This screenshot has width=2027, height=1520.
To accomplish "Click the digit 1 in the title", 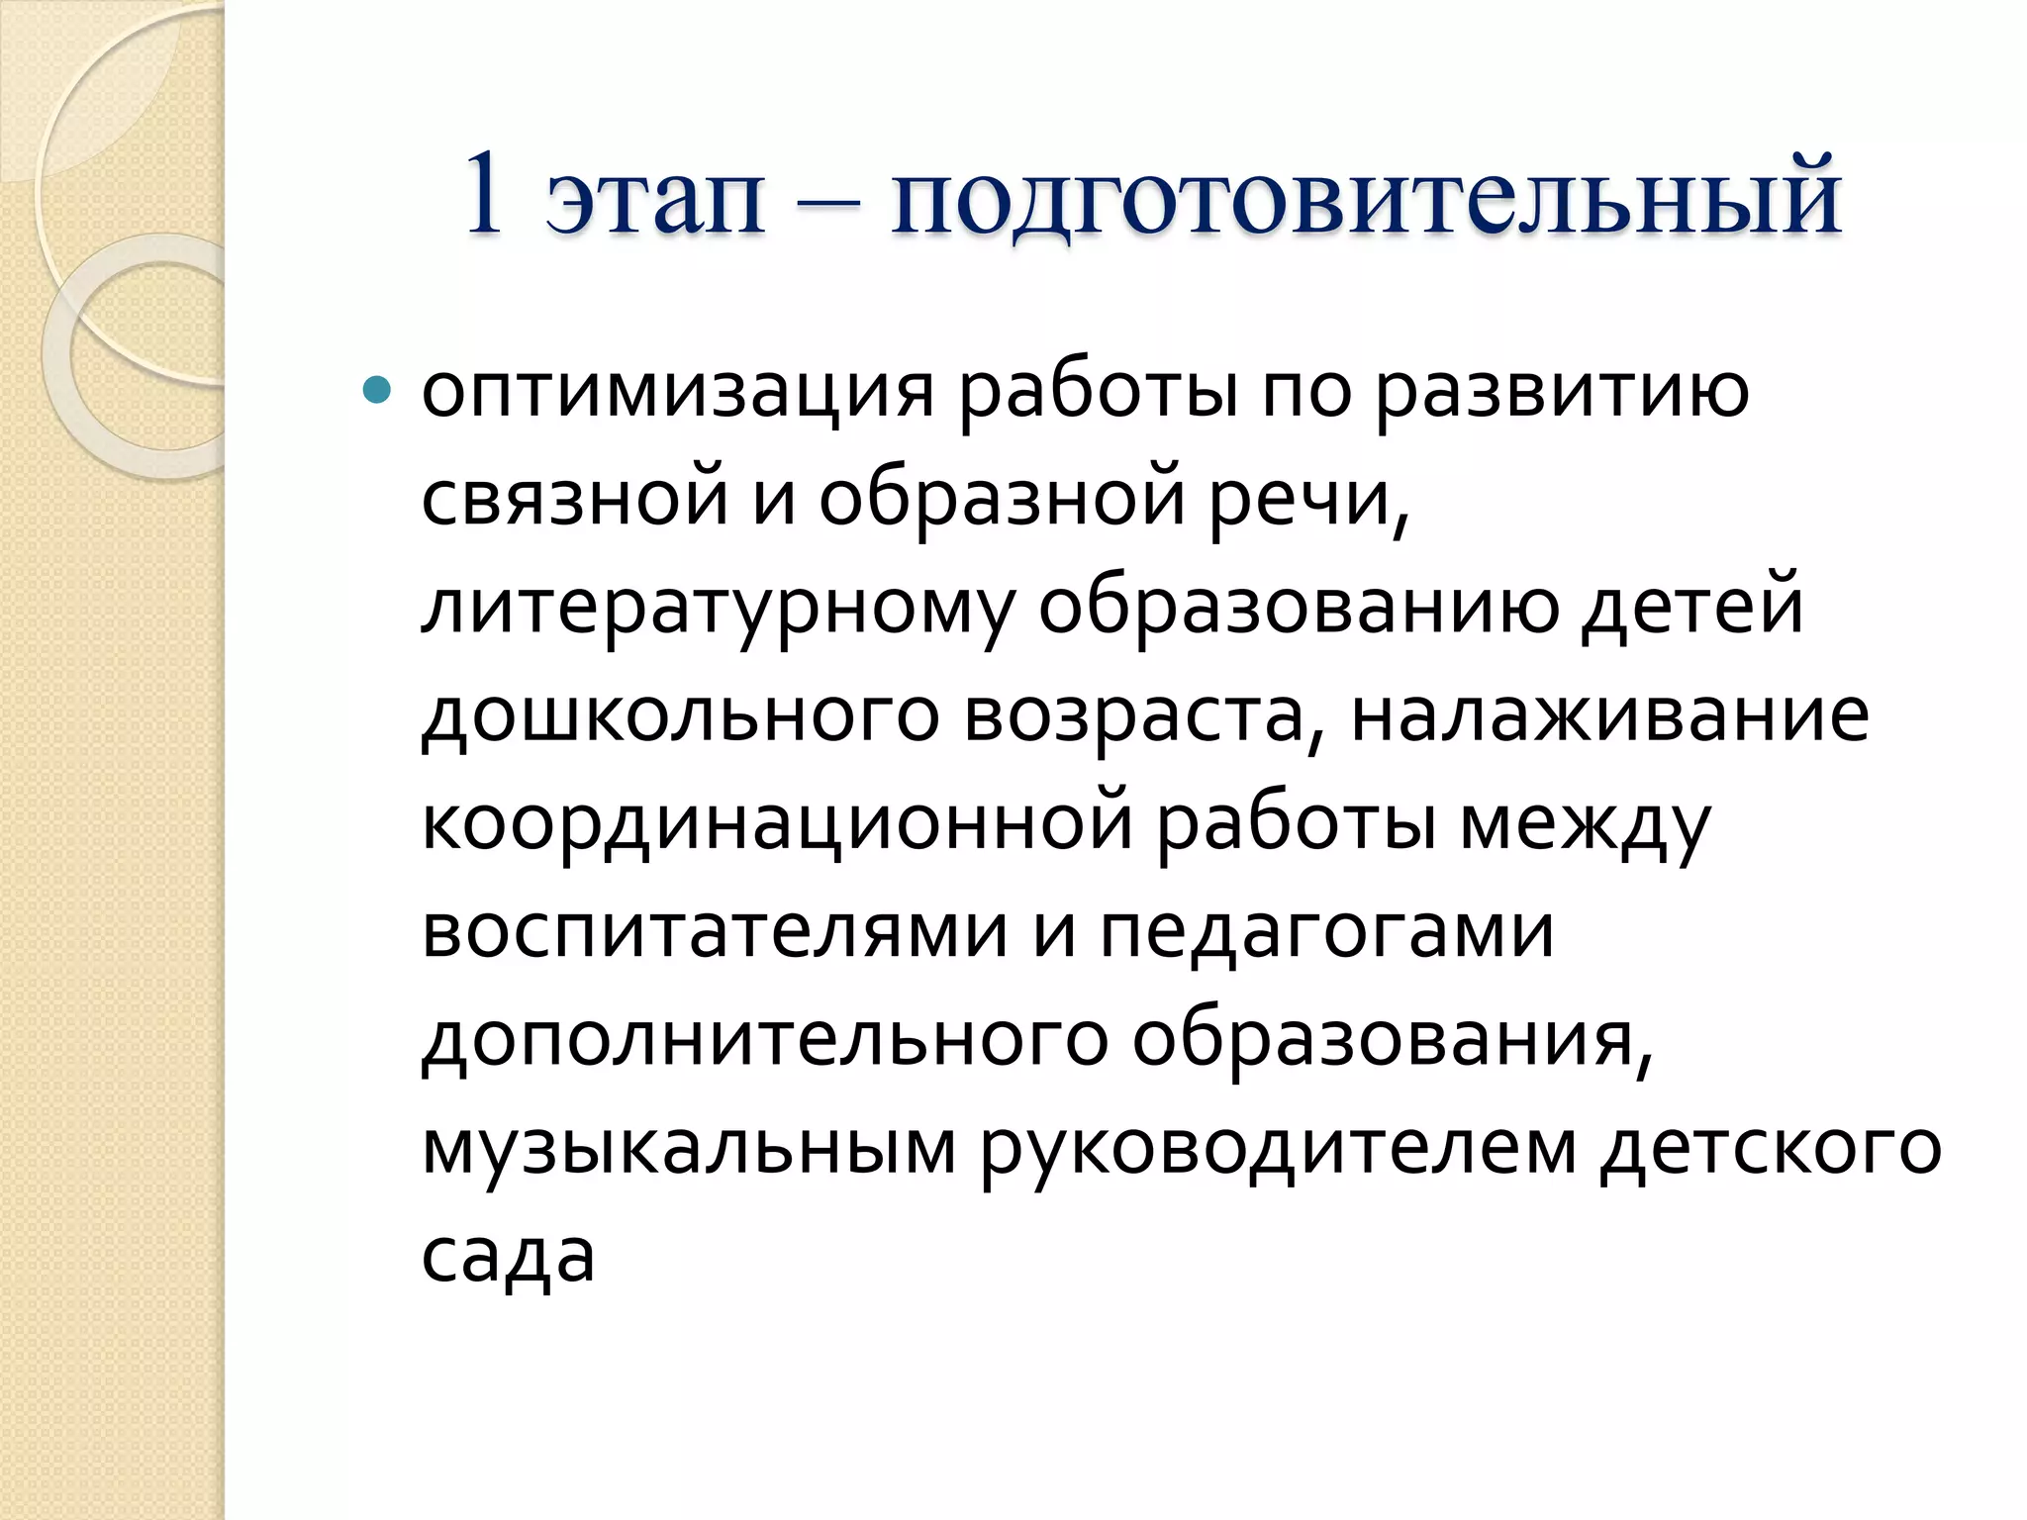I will pos(484,195).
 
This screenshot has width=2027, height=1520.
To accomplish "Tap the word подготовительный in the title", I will pos(1366,201).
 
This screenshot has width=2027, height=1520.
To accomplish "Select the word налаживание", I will pos(1610,715).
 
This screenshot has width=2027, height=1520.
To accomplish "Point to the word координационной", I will pos(777,824).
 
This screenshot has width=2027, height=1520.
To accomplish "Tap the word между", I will pos(1586,824).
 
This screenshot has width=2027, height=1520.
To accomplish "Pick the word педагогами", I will pos(1326,933).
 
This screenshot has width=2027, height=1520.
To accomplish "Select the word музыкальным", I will pos(689,1149).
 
